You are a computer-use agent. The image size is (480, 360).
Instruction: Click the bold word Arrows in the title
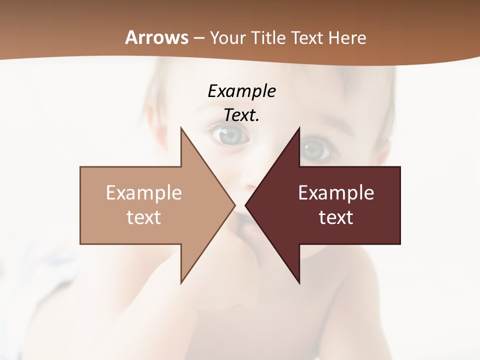tap(157, 37)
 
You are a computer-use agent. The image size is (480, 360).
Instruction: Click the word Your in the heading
tap(226, 37)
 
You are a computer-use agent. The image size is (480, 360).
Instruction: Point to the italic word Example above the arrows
tap(241, 91)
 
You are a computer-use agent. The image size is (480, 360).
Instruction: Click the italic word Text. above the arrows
tap(241, 115)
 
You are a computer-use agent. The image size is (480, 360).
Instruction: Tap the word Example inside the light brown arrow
tap(144, 192)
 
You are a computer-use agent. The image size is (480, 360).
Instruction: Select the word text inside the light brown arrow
tap(144, 217)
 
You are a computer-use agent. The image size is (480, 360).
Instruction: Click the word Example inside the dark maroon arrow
tap(336, 192)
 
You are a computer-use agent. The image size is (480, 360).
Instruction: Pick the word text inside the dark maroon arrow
tap(336, 217)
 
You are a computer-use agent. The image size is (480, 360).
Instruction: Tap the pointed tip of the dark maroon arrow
tap(246, 205)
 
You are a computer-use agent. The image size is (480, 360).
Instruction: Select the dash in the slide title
tap(198, 38)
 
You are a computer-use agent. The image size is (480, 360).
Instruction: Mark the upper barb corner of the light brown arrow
tap(181, 128)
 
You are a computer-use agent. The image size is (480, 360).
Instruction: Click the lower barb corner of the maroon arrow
tap(299, 283)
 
